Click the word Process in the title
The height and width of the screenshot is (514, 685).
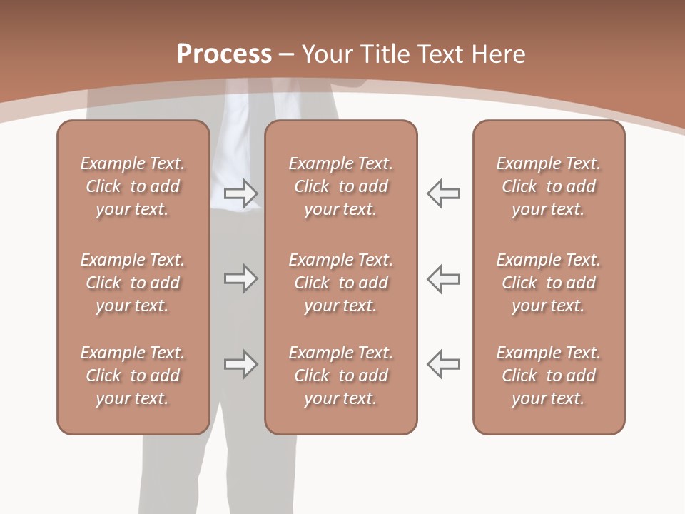pos(224,54)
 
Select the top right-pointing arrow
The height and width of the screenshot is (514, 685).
pos(240,193)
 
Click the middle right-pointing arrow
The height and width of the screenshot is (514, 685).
pos(240,278)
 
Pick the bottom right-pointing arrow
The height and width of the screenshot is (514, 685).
pos(240,364)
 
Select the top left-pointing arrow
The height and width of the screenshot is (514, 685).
pos(443,193)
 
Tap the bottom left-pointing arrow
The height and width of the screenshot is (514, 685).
pos(443,363)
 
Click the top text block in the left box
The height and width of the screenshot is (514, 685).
pos(133,186)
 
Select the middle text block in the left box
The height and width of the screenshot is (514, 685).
pos(133,283)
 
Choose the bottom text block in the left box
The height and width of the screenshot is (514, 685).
pos(133,376)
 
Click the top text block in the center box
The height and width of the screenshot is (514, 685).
pos(340,186)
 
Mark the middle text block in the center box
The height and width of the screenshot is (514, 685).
pos(340,283)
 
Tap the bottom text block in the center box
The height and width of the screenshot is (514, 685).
pos(340,376)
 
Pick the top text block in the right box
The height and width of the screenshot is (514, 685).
pos(548,186)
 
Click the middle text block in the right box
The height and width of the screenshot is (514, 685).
pos(548,283)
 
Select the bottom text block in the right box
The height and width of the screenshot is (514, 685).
pos(548,376)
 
